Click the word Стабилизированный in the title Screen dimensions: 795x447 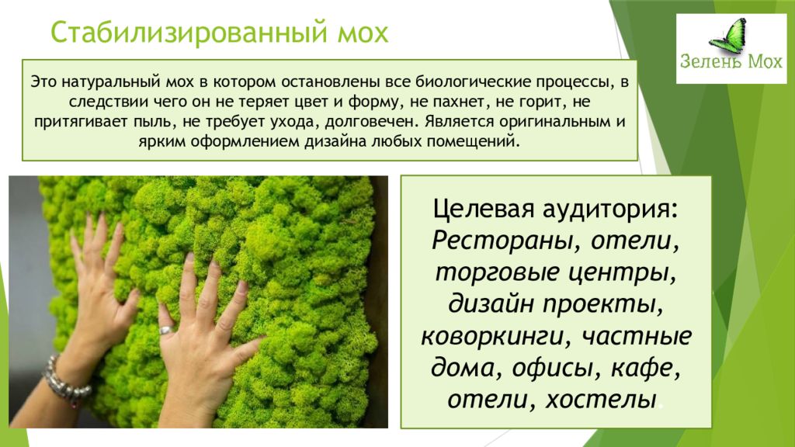coord(189,33)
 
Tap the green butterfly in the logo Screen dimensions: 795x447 coord(728,37)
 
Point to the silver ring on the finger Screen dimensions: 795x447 coord(166,331)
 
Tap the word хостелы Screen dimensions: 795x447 coord(601,400)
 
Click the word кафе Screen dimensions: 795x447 coord(644,369)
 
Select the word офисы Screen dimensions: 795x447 coord(553,369)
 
